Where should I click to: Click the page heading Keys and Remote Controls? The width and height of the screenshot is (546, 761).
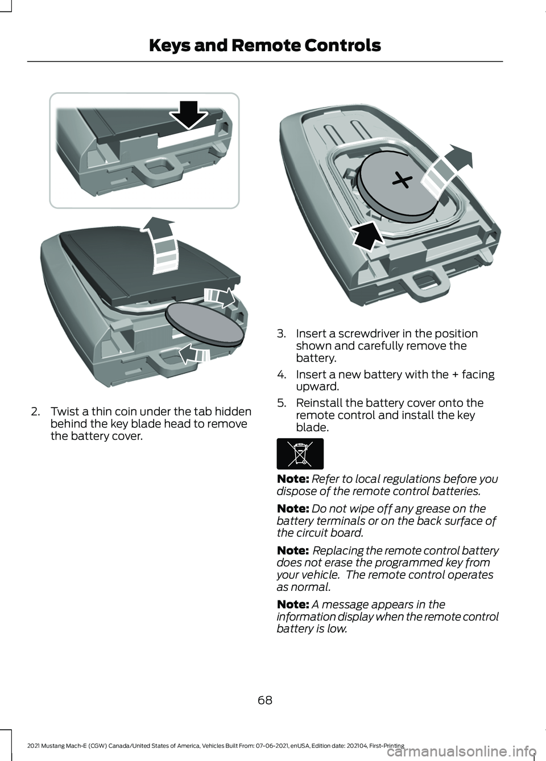[264, 46]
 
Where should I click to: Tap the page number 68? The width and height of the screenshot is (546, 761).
[265, 700]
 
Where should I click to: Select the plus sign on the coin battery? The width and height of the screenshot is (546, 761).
[401, 182]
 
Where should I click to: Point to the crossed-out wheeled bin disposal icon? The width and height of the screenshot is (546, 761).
[300, 454]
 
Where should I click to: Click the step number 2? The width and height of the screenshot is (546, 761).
[35, 412]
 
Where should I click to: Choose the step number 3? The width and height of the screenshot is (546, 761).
[281, 334]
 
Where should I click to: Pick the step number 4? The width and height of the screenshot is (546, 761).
[281, 375]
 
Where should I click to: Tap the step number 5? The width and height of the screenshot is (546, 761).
[281, 403]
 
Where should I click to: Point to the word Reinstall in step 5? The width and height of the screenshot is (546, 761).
[322, 403]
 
